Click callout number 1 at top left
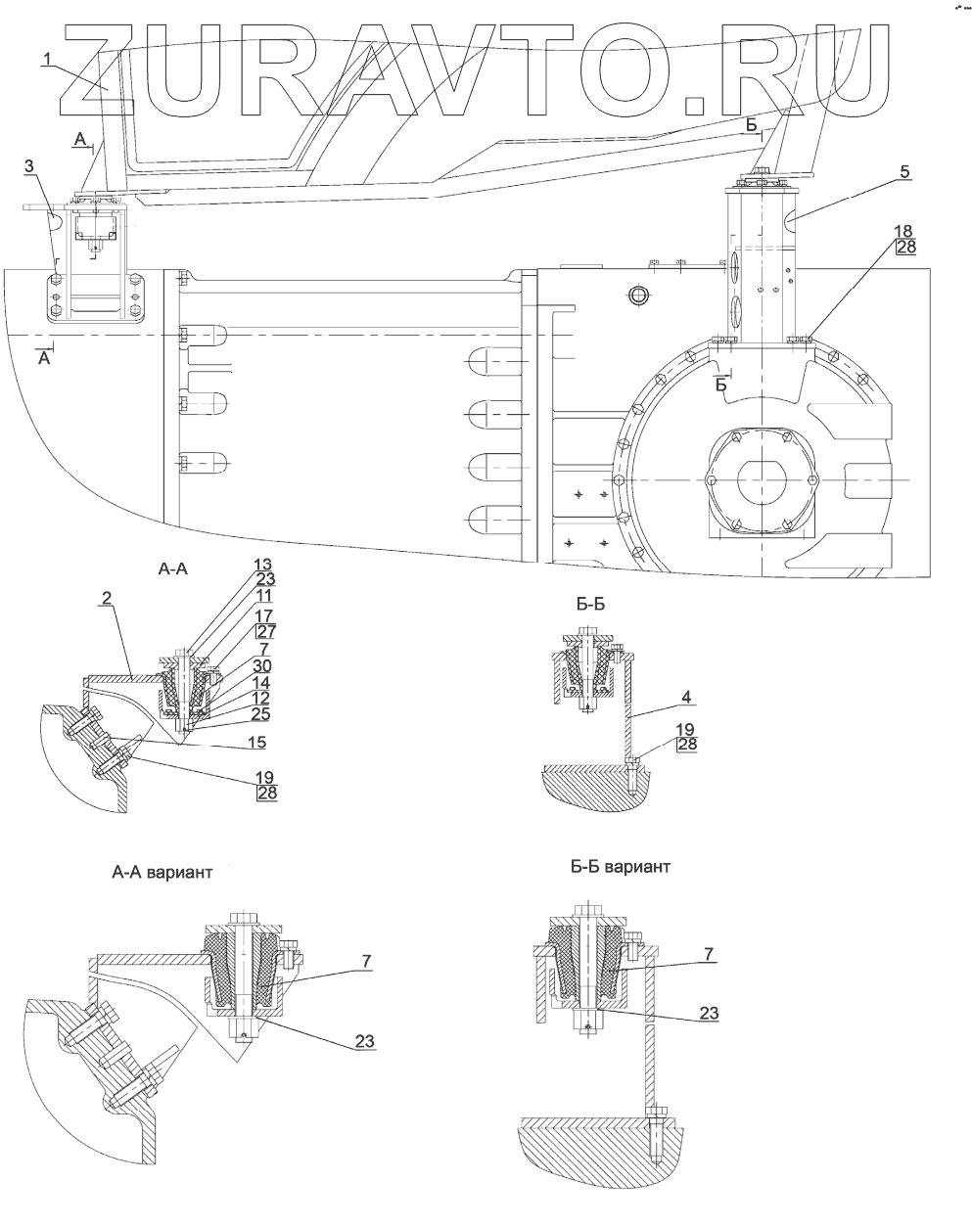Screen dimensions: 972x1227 click(x=48, y=59)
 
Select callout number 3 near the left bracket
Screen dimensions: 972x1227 click(x=29, y=166)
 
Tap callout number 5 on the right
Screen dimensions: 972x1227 click(x=905, y=171)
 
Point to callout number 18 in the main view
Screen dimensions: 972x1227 click(x=903, y=231)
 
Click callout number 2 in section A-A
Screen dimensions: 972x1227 click(x=108, y=598)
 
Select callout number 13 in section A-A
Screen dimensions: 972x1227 click(x=262, y=565)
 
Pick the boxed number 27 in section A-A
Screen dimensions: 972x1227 click(x=266, y=631)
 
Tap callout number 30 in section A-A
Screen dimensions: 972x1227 click(x=263, y=665)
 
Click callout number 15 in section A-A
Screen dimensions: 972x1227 click(x=256, y=742)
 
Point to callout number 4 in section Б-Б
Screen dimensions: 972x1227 click(x=686, y=697)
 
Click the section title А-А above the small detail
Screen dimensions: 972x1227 click(x=173, y=568)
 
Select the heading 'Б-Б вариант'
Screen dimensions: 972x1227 click(x=621, y=867)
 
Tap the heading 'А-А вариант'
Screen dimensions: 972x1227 click(x=162, y=872)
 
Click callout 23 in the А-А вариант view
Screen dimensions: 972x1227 click(x=364, y=1041)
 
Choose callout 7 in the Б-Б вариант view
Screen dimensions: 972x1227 click(x=709, y=954)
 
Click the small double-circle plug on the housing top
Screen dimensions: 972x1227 click(x=638, y=295)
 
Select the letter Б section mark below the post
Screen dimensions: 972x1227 click(x=721, y=385)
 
